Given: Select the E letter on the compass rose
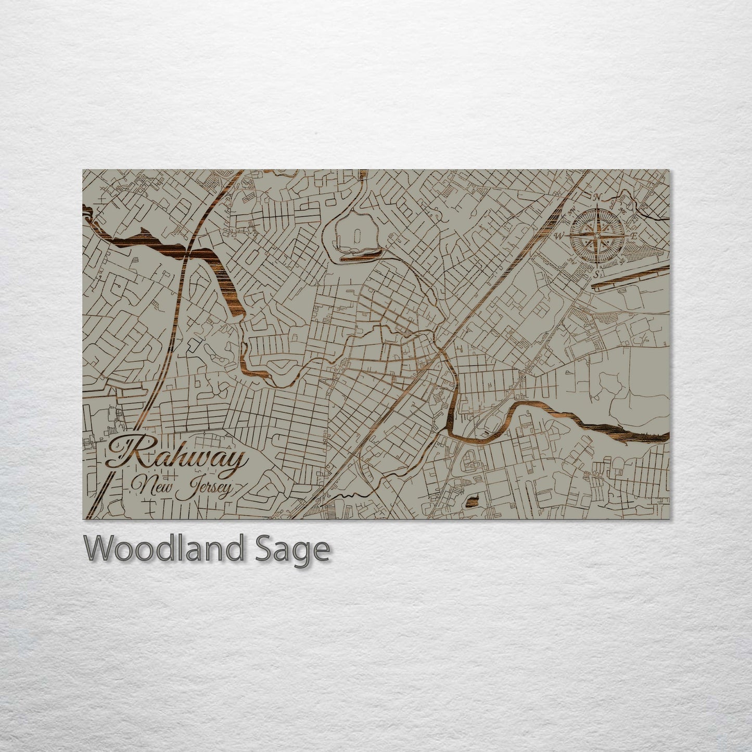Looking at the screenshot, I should [x=634, y=236].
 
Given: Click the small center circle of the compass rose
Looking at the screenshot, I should [x=597, y=236].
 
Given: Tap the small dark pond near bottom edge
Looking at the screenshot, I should [x=473, y=501].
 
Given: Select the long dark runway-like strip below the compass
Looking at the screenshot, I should [x=630, y=276].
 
